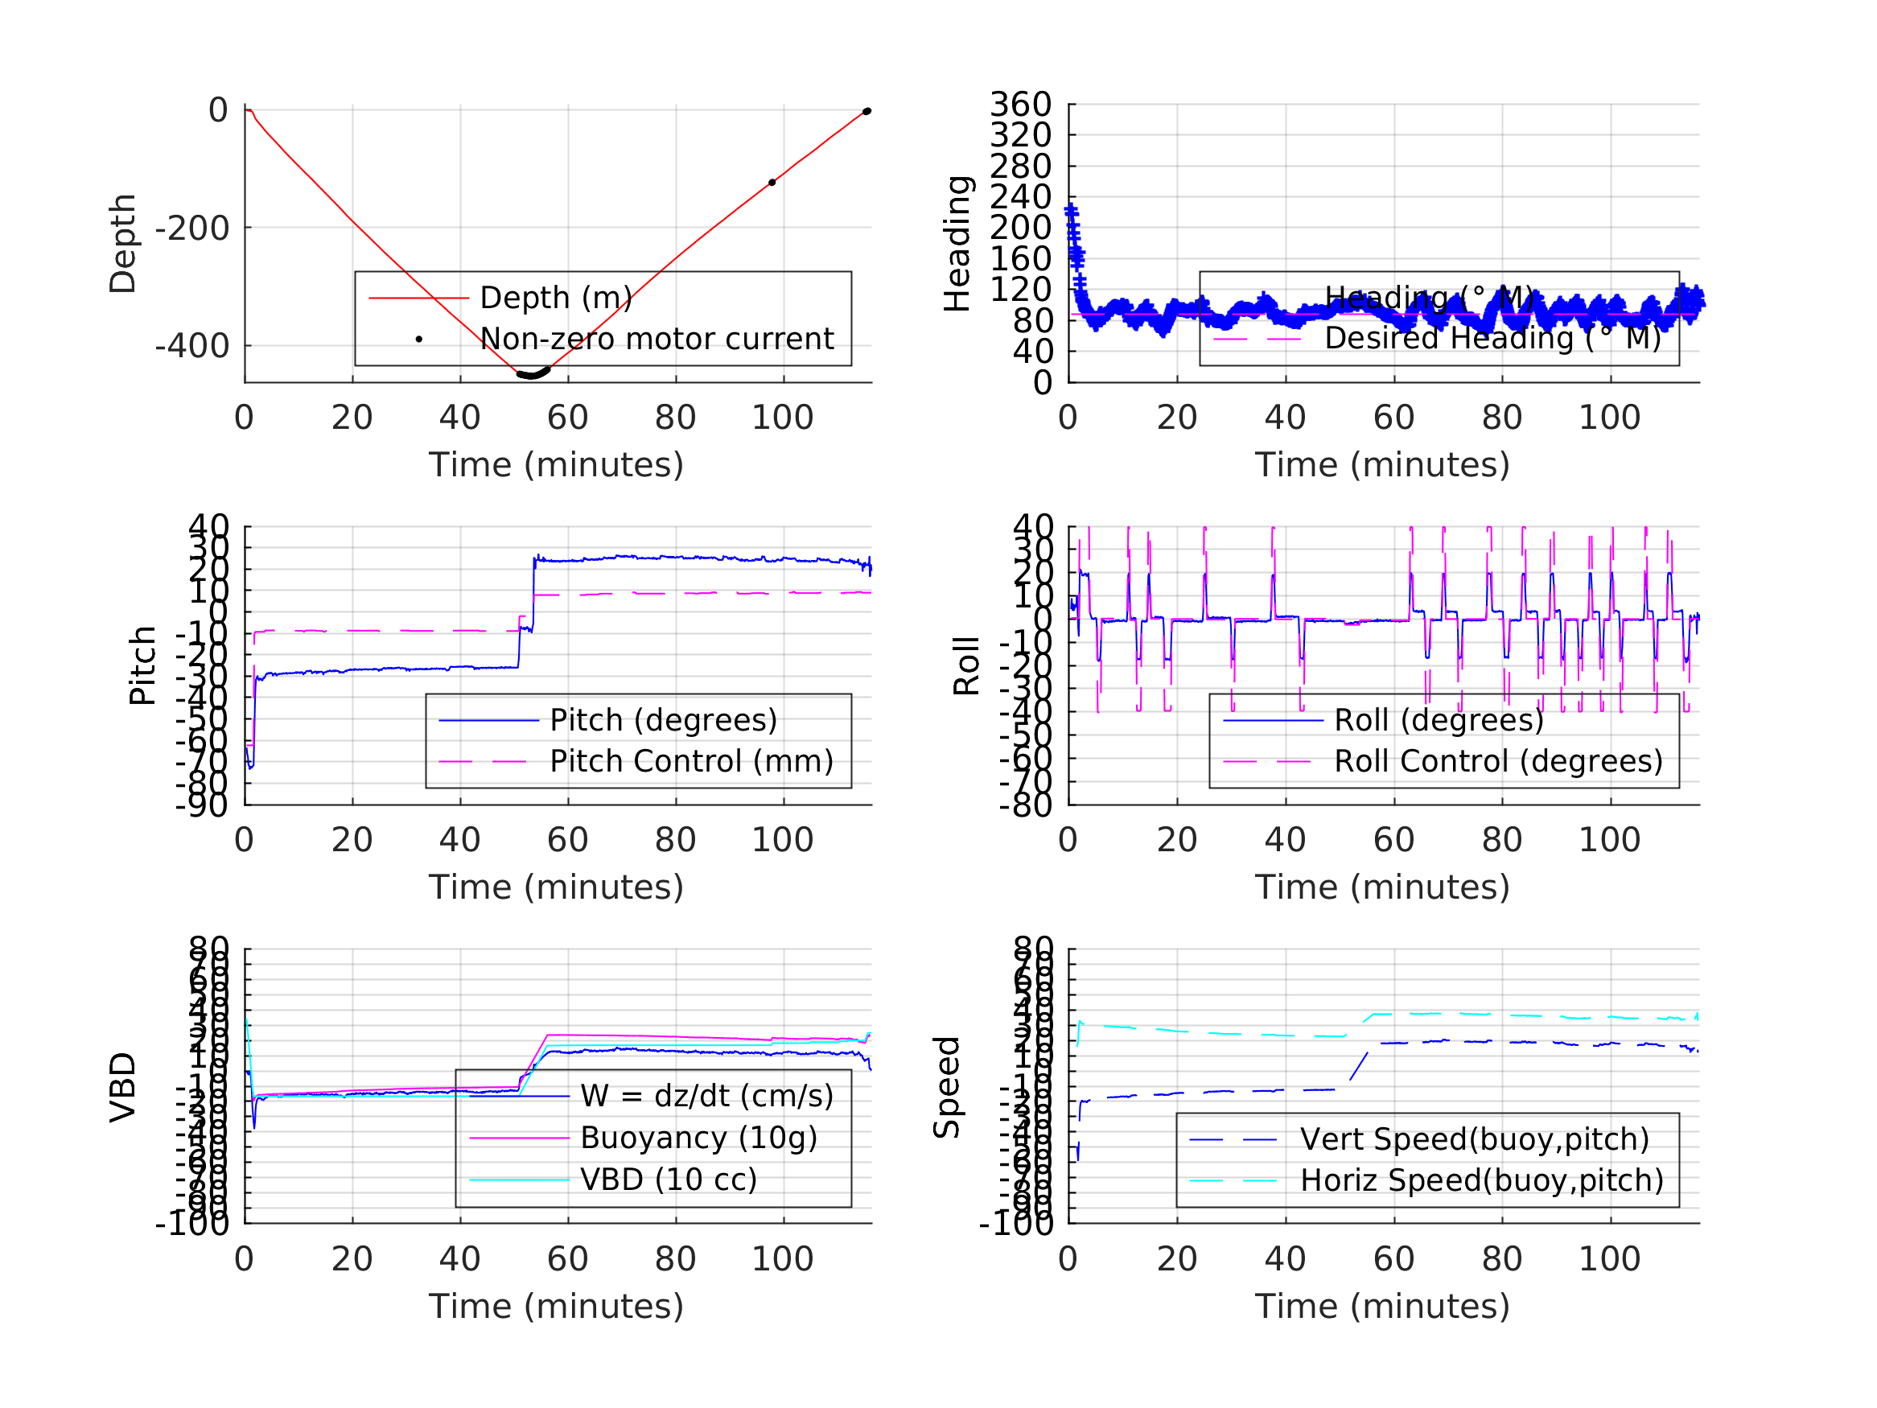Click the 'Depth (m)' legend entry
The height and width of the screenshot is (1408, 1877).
coord(556,298)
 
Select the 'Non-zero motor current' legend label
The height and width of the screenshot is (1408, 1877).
coord(657,339)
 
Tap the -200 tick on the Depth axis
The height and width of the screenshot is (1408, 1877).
coord(191,228)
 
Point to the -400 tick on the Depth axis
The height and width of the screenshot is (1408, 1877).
coord(191,346)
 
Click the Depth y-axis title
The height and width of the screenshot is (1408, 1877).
coord(123,244)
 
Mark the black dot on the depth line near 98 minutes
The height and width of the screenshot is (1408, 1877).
coord(772,183)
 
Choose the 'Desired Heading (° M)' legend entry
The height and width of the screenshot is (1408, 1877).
coord(1492,339)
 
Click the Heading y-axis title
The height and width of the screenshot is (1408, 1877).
coord(957,244)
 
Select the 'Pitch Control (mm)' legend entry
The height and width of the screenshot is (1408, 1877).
coord(692,761)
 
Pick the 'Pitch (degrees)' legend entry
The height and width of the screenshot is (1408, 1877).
coord(664,720)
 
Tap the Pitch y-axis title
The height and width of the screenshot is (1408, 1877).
coord(142,665)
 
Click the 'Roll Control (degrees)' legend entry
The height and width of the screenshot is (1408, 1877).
coord(1499,761)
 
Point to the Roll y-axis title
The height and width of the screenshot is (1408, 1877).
coord(966,665)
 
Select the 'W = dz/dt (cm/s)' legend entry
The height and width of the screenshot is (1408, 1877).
coord(707,1097)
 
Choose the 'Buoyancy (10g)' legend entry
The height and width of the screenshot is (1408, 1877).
coord(698,1138)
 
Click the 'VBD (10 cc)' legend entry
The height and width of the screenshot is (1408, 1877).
coord(669,1180)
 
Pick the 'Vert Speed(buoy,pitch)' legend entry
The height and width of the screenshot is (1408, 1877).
coord(1475,1140)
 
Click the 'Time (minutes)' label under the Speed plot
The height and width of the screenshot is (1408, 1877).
coord(1382,1306)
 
